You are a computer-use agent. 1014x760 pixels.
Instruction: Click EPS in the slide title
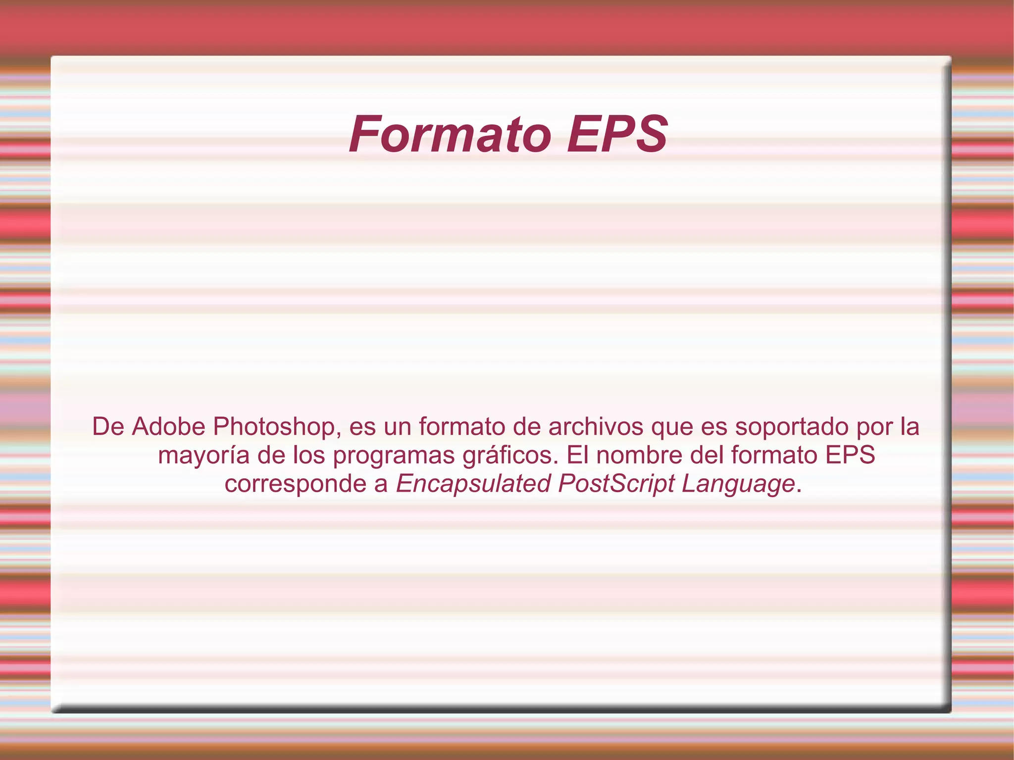tap(617, 135)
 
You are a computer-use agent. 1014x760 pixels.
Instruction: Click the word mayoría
tap(203, 456)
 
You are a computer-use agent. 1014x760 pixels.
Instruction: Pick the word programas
tap(394, 456)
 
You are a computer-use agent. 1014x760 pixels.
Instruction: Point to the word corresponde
tap(295, 484)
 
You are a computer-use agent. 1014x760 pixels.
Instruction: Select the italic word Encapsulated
tap(473, 484)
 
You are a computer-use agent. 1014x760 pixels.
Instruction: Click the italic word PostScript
tap(616, 484)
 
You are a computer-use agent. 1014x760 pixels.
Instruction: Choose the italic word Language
tap(738, 484)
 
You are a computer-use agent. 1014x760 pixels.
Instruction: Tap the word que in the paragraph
tap(672, 427)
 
